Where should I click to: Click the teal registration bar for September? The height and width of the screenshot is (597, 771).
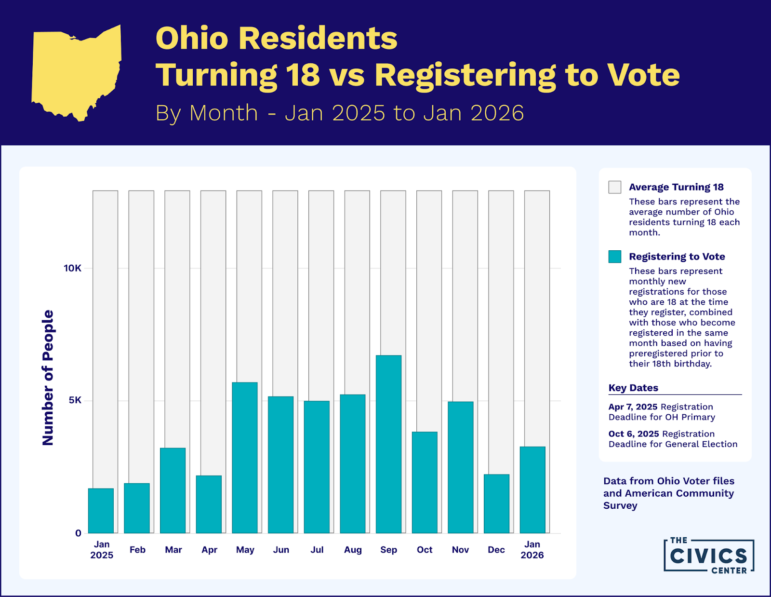pyautogui.click(x=388, y=444)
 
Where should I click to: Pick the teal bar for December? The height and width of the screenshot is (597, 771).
pyautogui.click(x=496, y=503)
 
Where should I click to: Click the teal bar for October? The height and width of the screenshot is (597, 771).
pyautogui.click(x=425, y=482)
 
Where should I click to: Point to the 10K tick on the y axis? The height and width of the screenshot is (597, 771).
pyautogui.click(x=73, y=268)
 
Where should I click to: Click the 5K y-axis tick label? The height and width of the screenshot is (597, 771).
pyautogui.click(x=75, y=400)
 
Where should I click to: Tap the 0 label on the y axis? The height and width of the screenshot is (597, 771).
pyautogui.click(x=78, y=533)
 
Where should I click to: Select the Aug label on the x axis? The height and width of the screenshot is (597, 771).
pyautogui.click(x=353, y=550)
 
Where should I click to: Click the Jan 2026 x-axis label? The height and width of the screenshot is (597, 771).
pyautogui.click(x=532, y=550)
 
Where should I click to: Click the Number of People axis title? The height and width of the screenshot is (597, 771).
pyautogui.click(x=48, y=378)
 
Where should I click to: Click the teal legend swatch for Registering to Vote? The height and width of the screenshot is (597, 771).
pyautogui.click(x=615, y=257)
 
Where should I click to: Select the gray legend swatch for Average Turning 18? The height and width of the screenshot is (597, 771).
pyautogui.click(x=615, y=187)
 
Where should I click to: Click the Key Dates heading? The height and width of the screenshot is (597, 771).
pyautogui.click(x=633, y=388)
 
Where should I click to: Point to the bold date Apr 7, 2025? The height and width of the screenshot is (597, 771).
pyautogui.click(x=633, y=407)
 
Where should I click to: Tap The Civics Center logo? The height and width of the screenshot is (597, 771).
pyautogui.click(x=708, y=556)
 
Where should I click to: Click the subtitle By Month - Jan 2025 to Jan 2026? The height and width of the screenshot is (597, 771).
pyautogui.click(x=339, y=113)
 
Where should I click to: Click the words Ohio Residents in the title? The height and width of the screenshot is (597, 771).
pyautogui.click(x=276, y=38)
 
